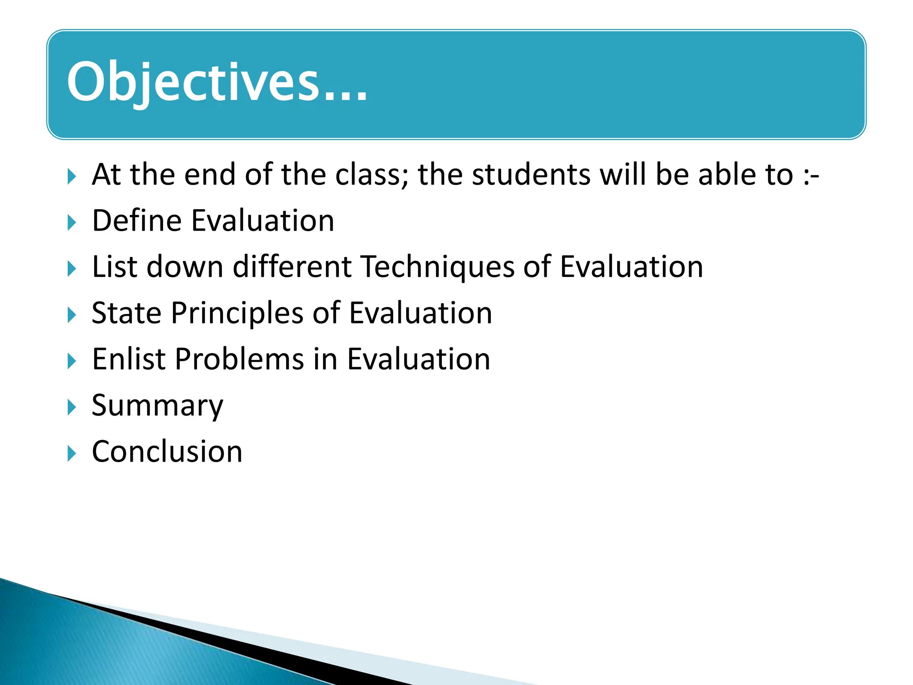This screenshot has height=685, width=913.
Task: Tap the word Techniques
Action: pos(437,267)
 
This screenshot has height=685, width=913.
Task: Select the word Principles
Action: pos(237,314)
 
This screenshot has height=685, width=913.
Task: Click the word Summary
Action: pos(157,406)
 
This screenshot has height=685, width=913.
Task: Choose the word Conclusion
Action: pos(167,452)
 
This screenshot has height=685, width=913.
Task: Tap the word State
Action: pos(126,313)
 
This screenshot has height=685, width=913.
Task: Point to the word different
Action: pos(292,267)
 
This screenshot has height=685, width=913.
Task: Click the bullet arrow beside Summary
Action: pos(71,407)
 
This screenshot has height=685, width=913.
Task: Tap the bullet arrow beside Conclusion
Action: pos(71,454)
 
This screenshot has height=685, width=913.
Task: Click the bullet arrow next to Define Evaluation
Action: pos(71,223)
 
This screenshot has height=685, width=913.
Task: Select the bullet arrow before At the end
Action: pos(71,176)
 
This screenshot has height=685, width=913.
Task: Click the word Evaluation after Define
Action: pos(263,221)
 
